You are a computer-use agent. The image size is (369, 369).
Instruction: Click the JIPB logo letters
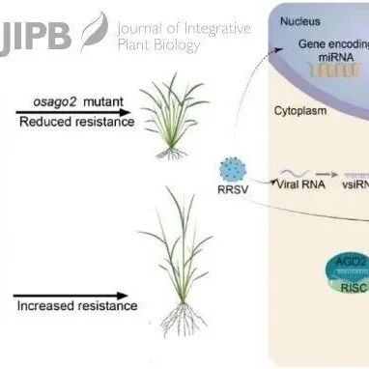coord(35,39)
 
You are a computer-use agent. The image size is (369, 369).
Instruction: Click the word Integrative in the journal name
coord(215,29)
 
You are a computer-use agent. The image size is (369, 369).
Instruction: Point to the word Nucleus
coord(300,21)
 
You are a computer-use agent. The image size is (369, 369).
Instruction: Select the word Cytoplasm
coord(300,111)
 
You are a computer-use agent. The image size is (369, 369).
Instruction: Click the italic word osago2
coord(55,102)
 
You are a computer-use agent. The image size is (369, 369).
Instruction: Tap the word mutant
coord(103,102)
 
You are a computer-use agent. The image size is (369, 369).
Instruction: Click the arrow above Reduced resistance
coord(73,112)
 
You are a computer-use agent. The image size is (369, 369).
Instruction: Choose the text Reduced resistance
coord(77,122)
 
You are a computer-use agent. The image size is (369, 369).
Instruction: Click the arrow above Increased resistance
coord(71,296)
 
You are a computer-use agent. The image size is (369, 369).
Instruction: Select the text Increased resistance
coord(77,305)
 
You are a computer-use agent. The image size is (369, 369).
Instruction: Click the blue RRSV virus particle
coord(233,170)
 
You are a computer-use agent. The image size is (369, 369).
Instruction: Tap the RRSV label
coord(233,189)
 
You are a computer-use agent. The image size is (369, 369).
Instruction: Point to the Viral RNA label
coord(300,184)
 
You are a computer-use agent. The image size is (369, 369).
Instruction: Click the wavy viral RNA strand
coord(296,174)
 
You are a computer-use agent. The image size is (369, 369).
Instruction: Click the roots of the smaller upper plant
coord(171,154)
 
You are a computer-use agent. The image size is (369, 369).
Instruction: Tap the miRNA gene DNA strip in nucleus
coord(333,70)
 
